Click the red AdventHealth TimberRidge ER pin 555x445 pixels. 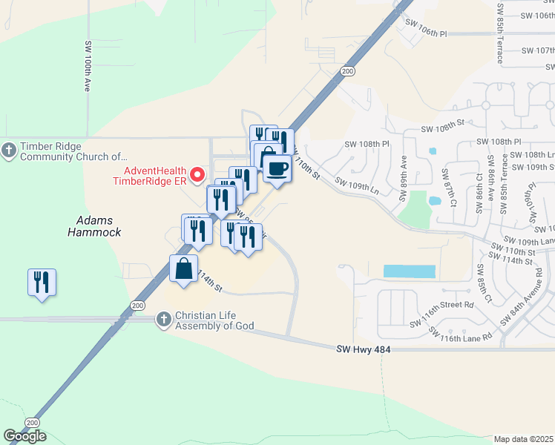click(x=197, y=175)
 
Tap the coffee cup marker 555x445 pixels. click(x=277, y=168)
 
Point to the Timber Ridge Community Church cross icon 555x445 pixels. click(x=9, y=151)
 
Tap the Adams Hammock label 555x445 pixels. click(x=99, y=225)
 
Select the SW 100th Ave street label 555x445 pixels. click(x=88, y=65)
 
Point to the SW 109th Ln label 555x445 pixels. click(x=356, y=186)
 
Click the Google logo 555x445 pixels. click(x=24, y=436)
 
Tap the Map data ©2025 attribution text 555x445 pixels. click(x=523, y=439)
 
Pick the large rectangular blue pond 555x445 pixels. click(x=410, y=271)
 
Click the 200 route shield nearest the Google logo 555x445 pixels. click(x=31, y=422)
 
